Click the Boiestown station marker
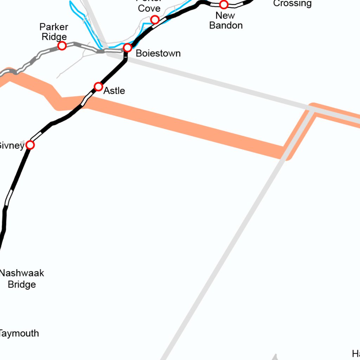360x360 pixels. click(x=128, y=47)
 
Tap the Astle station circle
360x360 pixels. click(x=98, y=86)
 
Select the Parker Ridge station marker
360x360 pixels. click(x=62, y=46)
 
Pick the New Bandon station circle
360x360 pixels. click(x=224, y=5)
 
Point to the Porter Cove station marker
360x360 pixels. click(x=155, y=19)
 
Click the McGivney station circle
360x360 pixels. click(x=30, y=145)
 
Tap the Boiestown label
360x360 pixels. click(x=158, y=53)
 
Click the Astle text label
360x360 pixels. click(x=114, y=91)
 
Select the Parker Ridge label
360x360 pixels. click(x=54, y=32)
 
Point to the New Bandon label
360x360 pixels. click(x=226, y=20)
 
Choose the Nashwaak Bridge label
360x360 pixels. click(x=22, y=278)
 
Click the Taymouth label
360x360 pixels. click(x=19, y=333)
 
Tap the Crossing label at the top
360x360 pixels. click(x=292, y=4)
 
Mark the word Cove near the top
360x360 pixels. click(x=149, y=8)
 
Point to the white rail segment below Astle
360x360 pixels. click(x=84, y=101)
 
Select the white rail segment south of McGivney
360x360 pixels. click(x=8, y=198)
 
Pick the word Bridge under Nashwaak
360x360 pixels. click(x=22, y=284)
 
